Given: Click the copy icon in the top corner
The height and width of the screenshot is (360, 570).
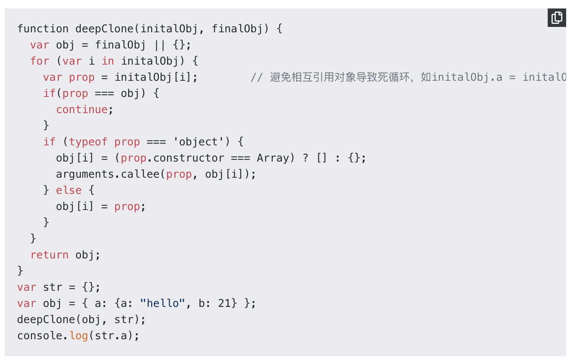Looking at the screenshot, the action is (x=557, y=18).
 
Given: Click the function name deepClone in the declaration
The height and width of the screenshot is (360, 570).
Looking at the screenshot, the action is (x=104, y=29).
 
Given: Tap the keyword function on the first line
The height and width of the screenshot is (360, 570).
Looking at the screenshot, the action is (x=43, y=29).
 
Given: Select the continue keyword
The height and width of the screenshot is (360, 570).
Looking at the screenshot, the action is (x=82, y=110).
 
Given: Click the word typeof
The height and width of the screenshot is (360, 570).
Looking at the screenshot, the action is (x=88, y=142).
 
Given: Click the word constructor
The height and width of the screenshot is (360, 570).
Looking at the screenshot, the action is (x=188, y=158).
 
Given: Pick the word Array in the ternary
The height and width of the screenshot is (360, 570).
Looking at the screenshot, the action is (x=273, y=158).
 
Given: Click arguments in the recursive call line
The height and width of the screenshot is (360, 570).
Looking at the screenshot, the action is (x=85, y=174).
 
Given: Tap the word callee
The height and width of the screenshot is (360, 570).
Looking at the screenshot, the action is (x=140, y=174).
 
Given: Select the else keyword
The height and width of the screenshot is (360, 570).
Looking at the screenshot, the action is (x=69, y=190).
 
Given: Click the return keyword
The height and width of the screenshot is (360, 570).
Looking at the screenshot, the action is (x=49, y=255).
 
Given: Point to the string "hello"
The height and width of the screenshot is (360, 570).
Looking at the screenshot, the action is (x=163, y=303).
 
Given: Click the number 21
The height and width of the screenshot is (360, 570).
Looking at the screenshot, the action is (x=224, y=303).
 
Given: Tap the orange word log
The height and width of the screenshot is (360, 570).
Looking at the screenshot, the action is (x=79, y=336).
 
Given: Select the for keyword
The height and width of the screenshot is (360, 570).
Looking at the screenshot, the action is (x=40, y=61).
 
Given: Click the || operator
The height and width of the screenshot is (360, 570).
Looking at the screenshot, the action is (x=159, y=45).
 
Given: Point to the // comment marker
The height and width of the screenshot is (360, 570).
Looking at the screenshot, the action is (x=257, y=77).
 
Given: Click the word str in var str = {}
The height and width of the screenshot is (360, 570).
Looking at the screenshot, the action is (x=53, y=287).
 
